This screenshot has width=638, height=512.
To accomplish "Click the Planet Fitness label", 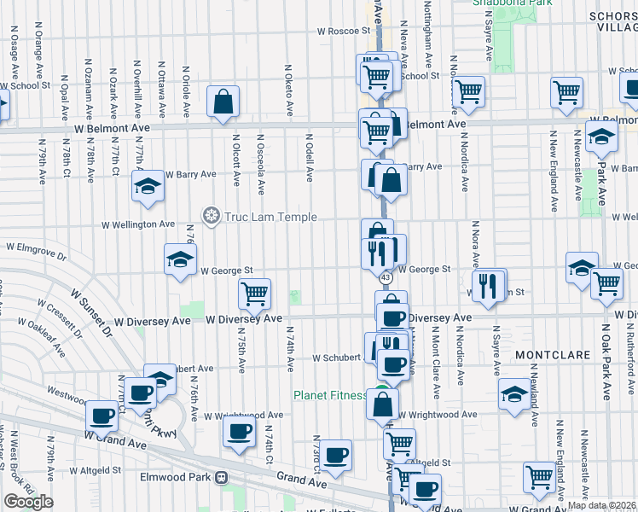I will pos(330,395).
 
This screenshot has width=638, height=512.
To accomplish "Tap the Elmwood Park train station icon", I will pos(221,478).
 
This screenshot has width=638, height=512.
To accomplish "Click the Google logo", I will pos(28,502).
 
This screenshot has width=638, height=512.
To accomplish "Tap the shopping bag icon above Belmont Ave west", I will pos(222,103).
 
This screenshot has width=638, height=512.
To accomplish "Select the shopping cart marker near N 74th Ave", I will pos(254,294).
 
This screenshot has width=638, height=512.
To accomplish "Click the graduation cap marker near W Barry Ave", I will pos(148,186).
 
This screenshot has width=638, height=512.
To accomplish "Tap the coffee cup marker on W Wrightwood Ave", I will pos(240,431).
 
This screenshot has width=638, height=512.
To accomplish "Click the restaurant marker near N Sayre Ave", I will pos(488,286).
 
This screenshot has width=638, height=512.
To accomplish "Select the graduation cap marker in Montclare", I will pos(514,394).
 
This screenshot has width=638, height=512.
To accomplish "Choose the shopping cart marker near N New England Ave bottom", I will pos(539,478).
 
